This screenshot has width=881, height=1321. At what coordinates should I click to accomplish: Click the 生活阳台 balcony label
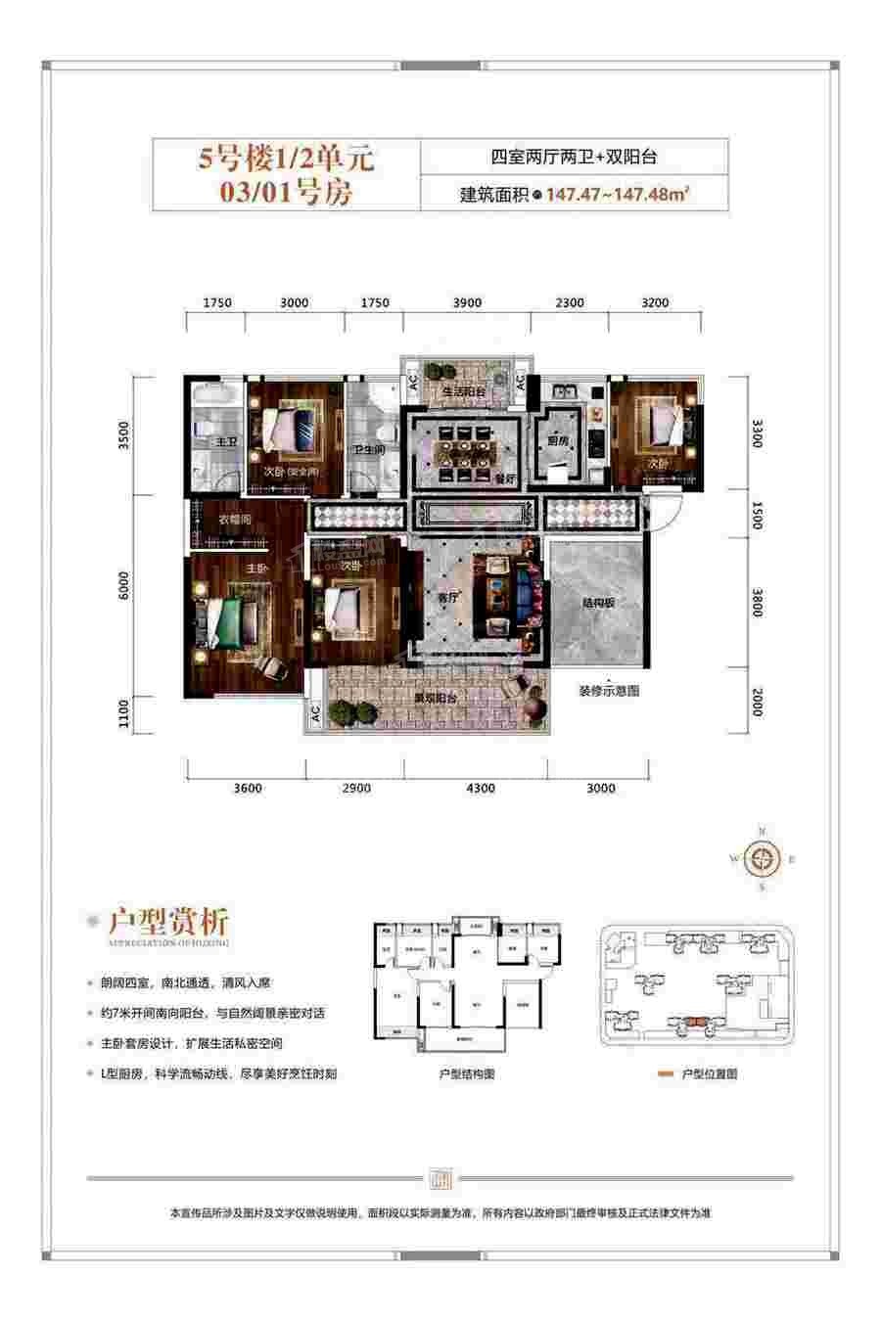click(x=459, y=392)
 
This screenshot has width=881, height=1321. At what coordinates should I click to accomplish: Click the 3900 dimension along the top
click(x=468, y=303)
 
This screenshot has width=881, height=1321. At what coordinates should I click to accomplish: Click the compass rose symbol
click(x=763, y=860)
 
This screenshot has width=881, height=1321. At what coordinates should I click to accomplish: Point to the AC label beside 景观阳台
click(x=314, y=713)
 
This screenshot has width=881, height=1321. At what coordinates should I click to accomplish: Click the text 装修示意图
click(x=608, y=691)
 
